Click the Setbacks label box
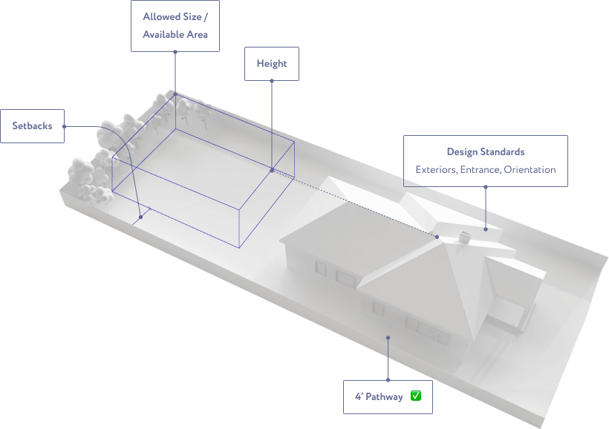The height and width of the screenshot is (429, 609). coord(32,126)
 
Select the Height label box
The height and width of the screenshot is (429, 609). coord(272,64)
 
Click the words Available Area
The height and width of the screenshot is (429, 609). coord(175,35)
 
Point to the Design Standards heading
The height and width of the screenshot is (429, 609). coord(486,152)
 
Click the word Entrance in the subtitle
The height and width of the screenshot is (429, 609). coord(480,170)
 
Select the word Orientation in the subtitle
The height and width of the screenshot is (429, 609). coord(530,170)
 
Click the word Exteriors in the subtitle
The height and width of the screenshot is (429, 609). coord(436,170)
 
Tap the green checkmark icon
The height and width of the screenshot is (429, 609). coord(416,396)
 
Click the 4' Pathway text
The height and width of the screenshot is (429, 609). coord(379,397)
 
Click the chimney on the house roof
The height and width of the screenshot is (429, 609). coord(464,237)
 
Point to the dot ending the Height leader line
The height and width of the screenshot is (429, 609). coord(272,170)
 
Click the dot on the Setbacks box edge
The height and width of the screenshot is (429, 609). coord(64,126)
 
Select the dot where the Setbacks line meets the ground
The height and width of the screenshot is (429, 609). coord(140,217)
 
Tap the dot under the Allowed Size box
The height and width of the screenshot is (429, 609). coord(175,52)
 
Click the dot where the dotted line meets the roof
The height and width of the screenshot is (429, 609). coord(437,237)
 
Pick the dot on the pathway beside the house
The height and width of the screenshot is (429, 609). coord(388,338)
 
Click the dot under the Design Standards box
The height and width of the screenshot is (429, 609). coord(486,187)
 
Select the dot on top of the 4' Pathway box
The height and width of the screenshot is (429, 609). coord(388,380)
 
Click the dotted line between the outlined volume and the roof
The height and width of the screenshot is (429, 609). coord(354,203)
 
